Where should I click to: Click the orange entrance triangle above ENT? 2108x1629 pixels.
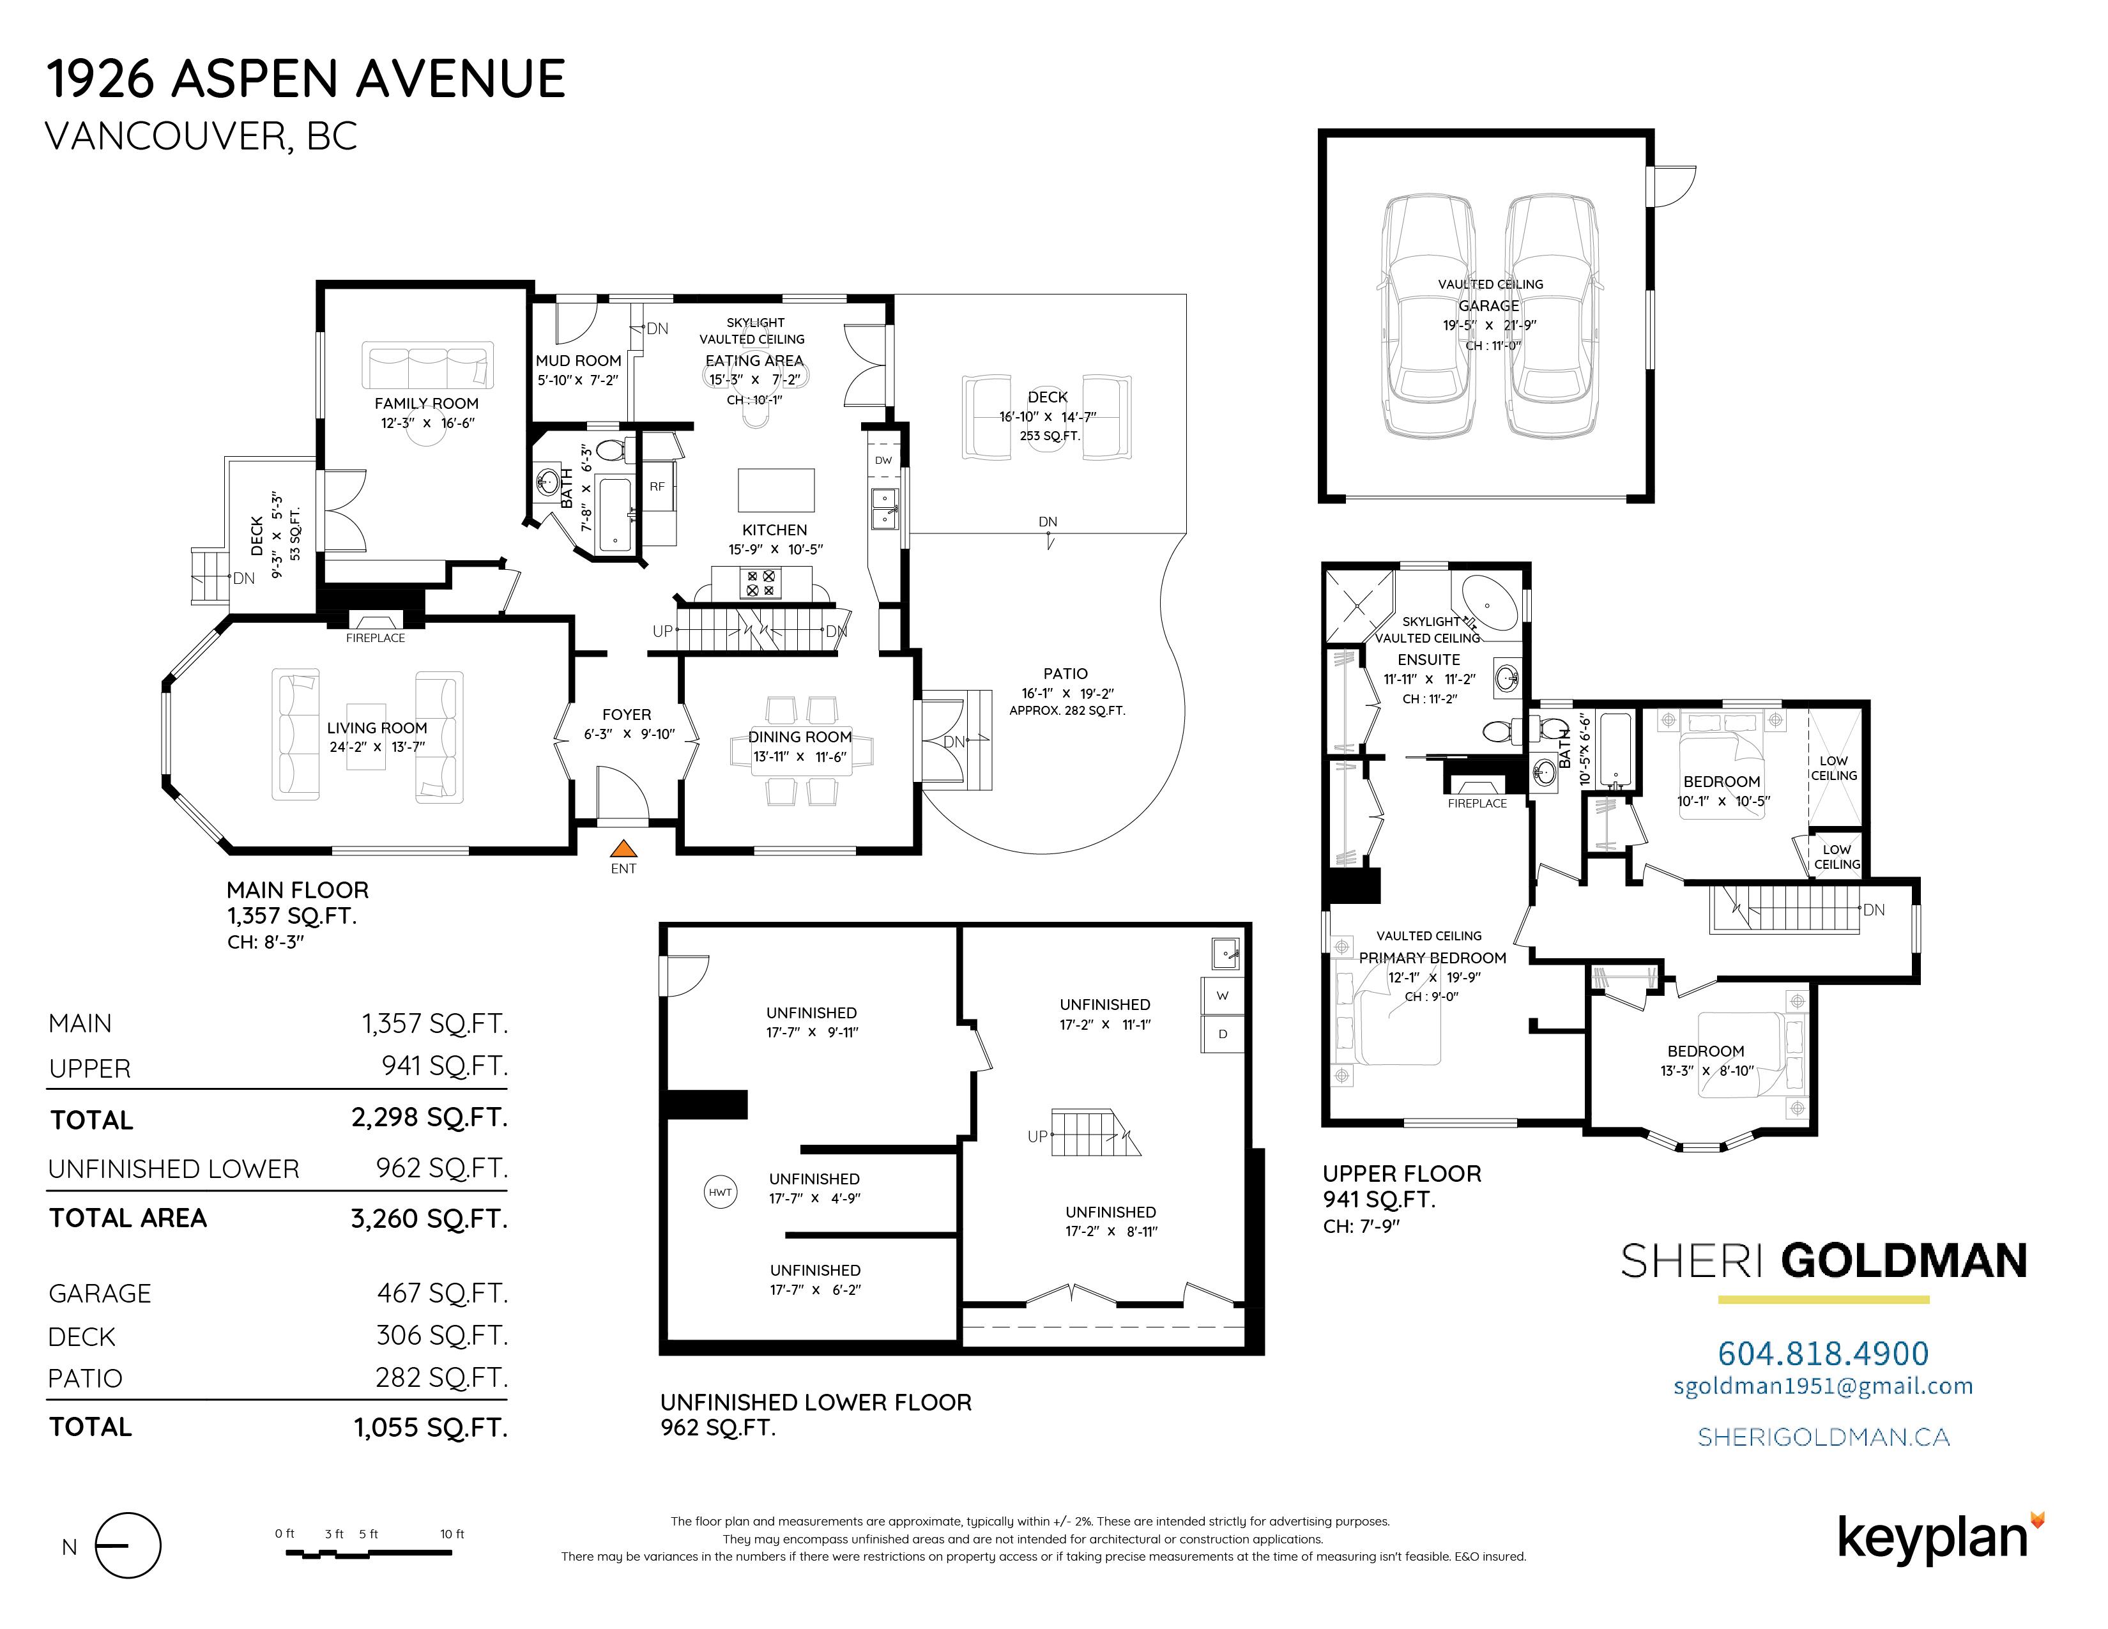(x=625, y=848)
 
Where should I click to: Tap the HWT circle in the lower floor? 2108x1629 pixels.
(x=720, y=1192)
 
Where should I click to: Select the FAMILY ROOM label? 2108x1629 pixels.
(x=427, y=403)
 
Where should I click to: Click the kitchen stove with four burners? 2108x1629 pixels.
(x=761, y=583)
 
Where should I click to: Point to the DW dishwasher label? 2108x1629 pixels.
(x=884, y=461)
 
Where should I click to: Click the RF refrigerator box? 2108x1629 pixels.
(x=657, y=486)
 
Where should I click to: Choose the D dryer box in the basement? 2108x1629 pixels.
(x=1222, y=1034)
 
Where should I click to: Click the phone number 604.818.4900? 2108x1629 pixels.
(x=1823, y=1353)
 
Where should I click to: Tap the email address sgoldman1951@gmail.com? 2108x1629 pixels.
(x=1823, y=1387)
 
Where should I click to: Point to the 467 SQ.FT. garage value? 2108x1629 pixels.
(x=442, y=1293)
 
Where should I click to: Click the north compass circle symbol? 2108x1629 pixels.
(x=129, y=1546)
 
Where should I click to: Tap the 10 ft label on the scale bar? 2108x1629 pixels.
(x=452, y=1533)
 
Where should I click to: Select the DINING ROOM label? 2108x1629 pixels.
(x=800, y=737)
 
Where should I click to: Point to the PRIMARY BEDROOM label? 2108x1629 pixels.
(x=1432, y=958)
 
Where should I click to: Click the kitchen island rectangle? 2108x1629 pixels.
(x=776, y=489)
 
